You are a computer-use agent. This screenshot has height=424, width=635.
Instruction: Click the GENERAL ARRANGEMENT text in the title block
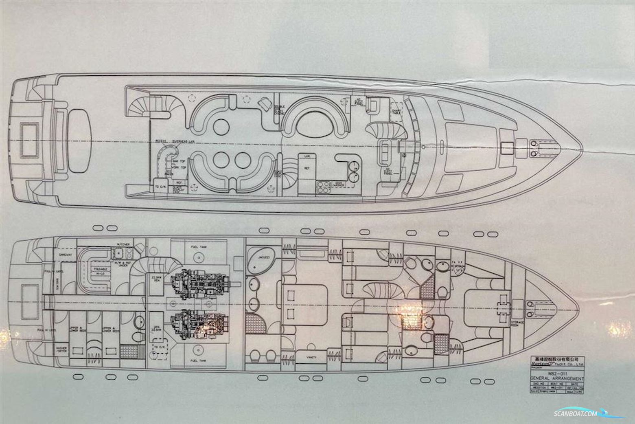[x=557, y=378]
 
